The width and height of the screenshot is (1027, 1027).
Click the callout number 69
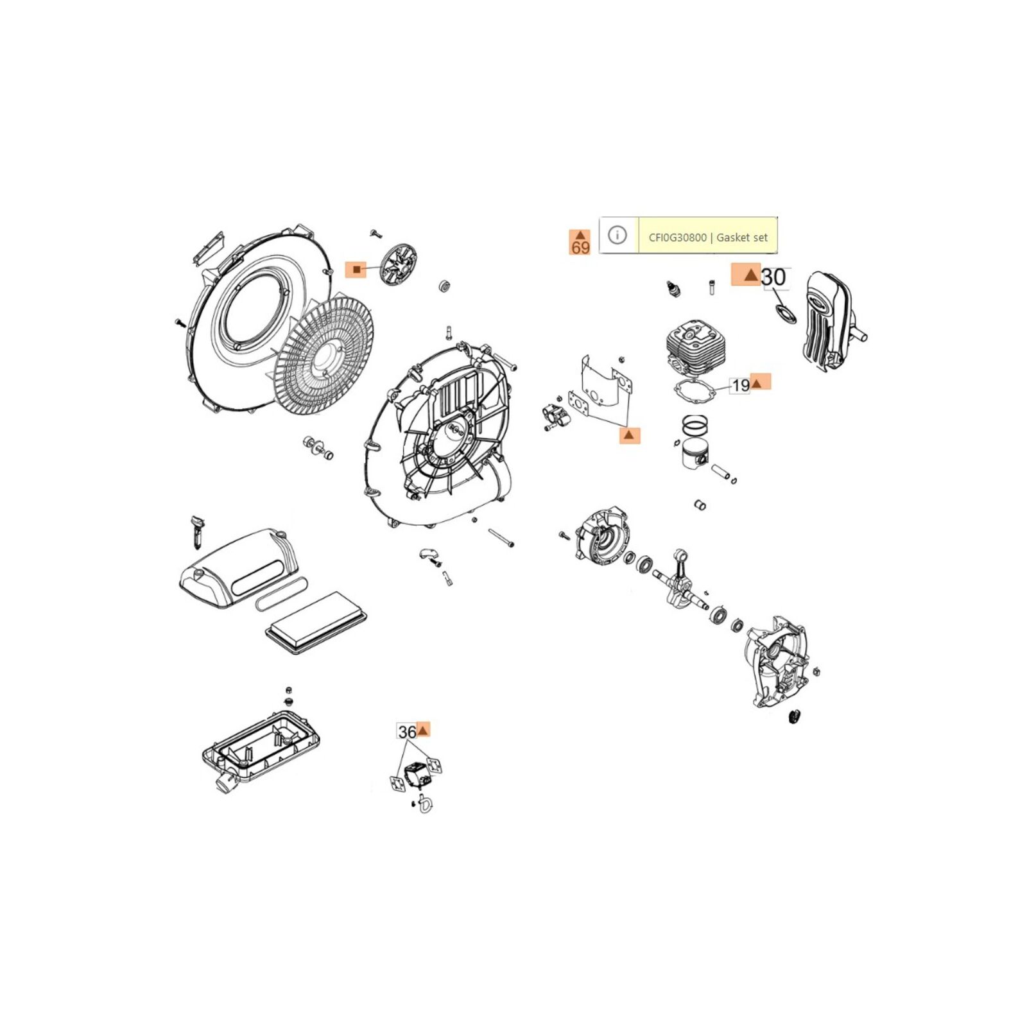pos(580,247)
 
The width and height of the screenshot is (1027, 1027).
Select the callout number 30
pos(773,277)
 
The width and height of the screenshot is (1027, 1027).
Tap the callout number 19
pos(741,385)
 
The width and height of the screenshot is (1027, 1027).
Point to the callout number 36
pos(407,732)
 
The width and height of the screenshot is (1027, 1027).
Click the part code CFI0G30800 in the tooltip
pos(677,237)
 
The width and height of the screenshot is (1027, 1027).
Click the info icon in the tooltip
pos(617,235)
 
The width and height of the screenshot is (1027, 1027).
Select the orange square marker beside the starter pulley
pos(356,270)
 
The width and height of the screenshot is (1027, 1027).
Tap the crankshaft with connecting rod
pos(680,581)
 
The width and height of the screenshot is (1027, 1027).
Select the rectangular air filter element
pos(316,623)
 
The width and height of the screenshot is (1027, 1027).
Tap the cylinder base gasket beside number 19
pos(695,392)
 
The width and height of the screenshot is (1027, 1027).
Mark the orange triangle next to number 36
pos(423,730)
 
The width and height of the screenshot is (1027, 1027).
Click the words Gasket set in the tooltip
pos(742,237)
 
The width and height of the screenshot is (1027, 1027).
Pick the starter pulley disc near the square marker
pos(399,264)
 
